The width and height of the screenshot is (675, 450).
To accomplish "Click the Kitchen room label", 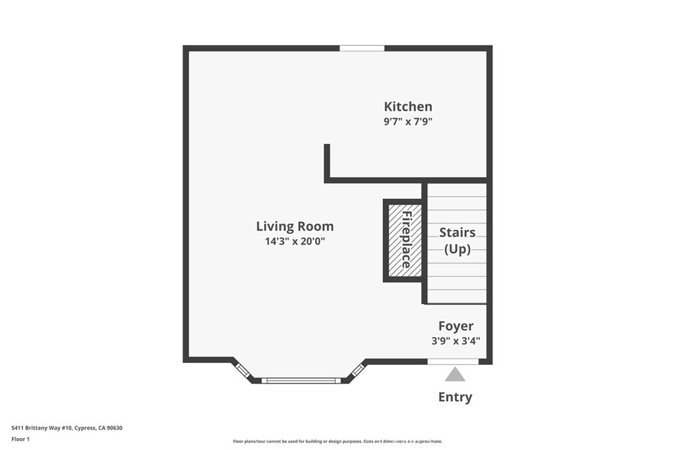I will point(408,106).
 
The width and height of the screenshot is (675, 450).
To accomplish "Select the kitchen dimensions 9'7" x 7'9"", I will point(408,122).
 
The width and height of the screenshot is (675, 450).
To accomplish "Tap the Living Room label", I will point(295,226).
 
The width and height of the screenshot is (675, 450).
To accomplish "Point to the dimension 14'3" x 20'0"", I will point(295,241).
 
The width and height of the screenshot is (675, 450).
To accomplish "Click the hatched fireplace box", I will point(403,240).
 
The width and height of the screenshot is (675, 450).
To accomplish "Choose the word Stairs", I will point(457,232).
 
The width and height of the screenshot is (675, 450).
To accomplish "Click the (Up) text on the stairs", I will point(457,249).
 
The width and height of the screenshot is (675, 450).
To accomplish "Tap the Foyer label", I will point(455,326).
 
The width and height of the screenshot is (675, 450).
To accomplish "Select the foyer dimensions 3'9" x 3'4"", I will point(455,341).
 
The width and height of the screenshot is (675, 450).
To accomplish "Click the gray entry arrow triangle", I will point(455,375).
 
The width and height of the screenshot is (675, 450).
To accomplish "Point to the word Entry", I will point(455,397).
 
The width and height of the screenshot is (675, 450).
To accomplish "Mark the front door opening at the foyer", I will point(453,361).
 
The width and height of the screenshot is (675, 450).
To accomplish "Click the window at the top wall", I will point(362,48).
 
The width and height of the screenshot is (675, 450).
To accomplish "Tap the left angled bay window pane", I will point(243,370).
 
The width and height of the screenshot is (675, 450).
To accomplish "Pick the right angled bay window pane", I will point(357,370).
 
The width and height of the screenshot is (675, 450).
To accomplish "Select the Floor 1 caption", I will point(22,438).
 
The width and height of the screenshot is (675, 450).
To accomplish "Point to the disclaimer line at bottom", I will point(337,441).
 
